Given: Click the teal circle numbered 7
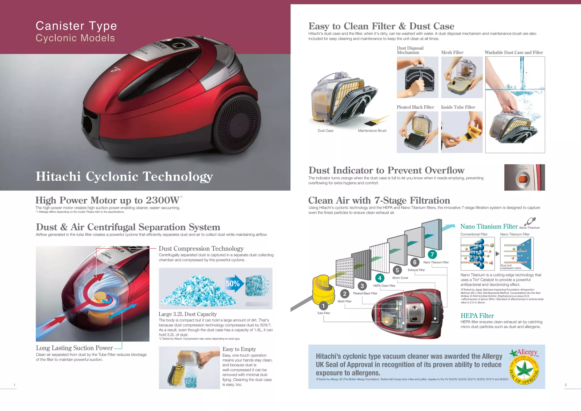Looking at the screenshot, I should [x=432, y=254].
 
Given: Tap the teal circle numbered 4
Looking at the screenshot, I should [x=380, y=278].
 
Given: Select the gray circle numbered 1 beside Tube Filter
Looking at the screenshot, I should [x=323, y=306].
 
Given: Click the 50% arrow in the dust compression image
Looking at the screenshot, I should [x=234, y=283].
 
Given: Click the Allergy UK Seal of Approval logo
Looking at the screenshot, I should [x=524, y=367].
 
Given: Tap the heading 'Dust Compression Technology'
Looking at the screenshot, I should [x=201, y=249].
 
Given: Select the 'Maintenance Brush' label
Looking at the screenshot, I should [x=372, y=131].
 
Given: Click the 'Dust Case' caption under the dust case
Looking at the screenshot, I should [x=325, y=131].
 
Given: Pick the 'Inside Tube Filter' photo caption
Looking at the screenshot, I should [x=458, y=107].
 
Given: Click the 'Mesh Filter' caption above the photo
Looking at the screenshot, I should [x=452, y=53].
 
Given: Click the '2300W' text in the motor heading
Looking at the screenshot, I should [x=162, y=200].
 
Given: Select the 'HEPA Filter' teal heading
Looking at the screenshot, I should [x=477, y=316].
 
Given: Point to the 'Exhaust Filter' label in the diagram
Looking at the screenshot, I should [x=416, y=270].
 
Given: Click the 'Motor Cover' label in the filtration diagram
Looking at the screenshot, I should [x=400, y=278].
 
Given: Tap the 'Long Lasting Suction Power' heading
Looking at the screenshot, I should [x=74, y=348].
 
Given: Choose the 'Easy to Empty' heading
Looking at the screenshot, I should [x=239, y=349].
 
